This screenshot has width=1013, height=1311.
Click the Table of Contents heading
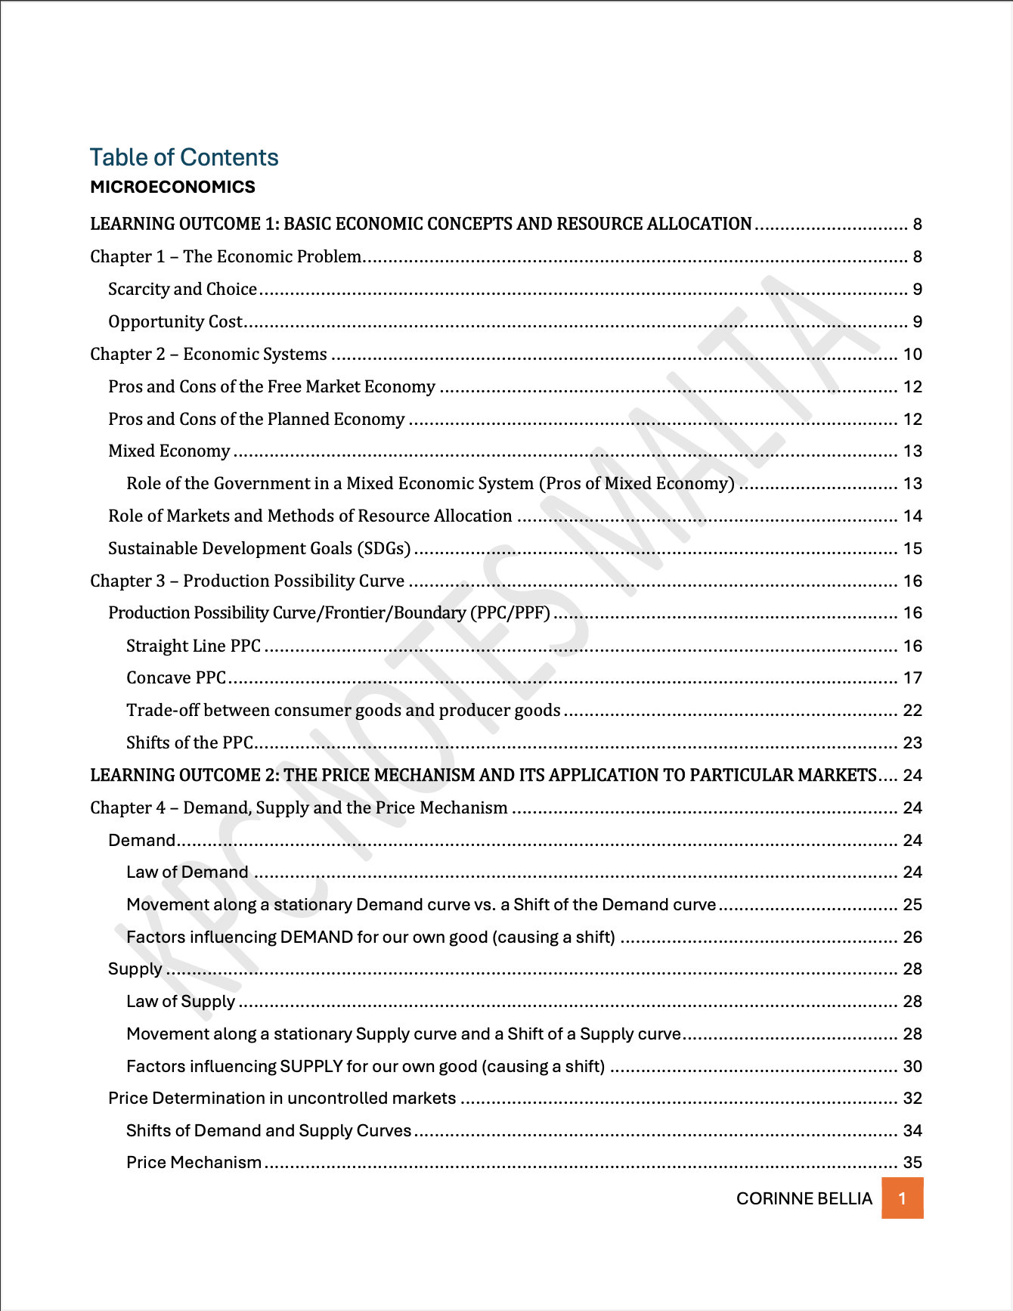pos(184,157)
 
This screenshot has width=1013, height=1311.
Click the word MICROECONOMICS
pos(172,187)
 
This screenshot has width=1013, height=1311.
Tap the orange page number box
pos(902,1198)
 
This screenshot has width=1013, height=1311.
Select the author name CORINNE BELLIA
pos(804,1198)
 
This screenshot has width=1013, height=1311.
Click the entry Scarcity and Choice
pos(182,289)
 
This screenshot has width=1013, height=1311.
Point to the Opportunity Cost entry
pos(175,321)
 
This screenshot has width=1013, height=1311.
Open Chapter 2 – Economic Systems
pos(208,354)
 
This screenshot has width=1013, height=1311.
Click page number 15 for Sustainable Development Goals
pos(912,548)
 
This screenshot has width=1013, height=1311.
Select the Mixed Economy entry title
pos(169,451)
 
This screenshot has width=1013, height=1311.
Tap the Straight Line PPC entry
pos(193,646)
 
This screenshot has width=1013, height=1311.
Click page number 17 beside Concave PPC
pos(912,677)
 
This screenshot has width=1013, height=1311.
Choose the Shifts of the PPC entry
pos(189,742)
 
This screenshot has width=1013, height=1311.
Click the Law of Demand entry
pos(187,872)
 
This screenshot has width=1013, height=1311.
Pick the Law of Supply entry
pos(181,1001)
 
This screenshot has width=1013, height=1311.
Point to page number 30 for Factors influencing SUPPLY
pos(912,1066)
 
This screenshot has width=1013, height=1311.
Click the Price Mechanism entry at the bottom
pos(194,1162)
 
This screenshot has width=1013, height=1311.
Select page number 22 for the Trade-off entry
pos(912,710)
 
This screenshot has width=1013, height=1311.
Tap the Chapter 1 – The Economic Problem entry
pos(225,256)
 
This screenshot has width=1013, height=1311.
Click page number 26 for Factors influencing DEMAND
pos(912,937)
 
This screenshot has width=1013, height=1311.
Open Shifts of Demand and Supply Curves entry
pos(268,1130)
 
